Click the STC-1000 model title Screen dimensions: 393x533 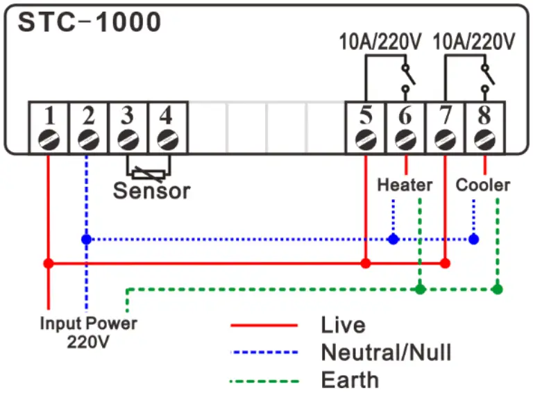click(89, 22)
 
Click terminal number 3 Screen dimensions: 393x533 click(126, 115)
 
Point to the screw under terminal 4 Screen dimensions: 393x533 click(165, 139)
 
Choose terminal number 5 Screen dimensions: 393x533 click(365, 115)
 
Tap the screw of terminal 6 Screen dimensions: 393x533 click(405, 139)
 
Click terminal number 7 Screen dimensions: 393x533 click(444, 115)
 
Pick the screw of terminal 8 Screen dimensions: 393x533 click(484, 139)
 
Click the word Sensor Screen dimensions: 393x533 click(151, 190)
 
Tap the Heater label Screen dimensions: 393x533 click(405, 185)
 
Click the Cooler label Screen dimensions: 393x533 click(482, 185)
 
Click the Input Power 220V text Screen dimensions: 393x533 click(88, 332)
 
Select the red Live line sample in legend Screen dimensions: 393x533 click(264, 325)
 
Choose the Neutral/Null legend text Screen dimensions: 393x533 click(386, 353)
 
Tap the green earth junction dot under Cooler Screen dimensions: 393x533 click(497, 289)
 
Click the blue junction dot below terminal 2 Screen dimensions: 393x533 click(86, 239)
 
